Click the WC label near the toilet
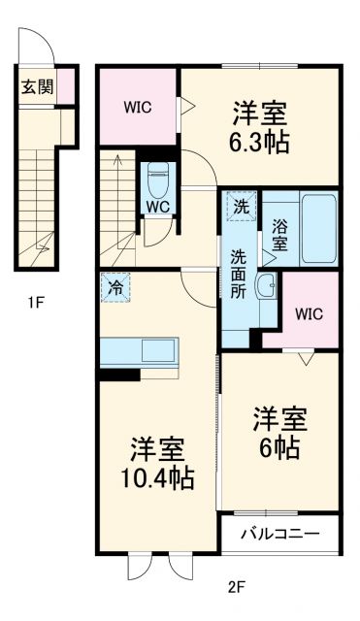(158, 207)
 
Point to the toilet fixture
(158, 180)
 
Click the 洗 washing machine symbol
(239, 205)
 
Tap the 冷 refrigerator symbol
(115, 287)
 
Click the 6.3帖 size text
(258, 145)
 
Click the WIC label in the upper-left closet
(137, 108)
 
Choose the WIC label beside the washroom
(309, 313)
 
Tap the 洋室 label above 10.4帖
(158, 449)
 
